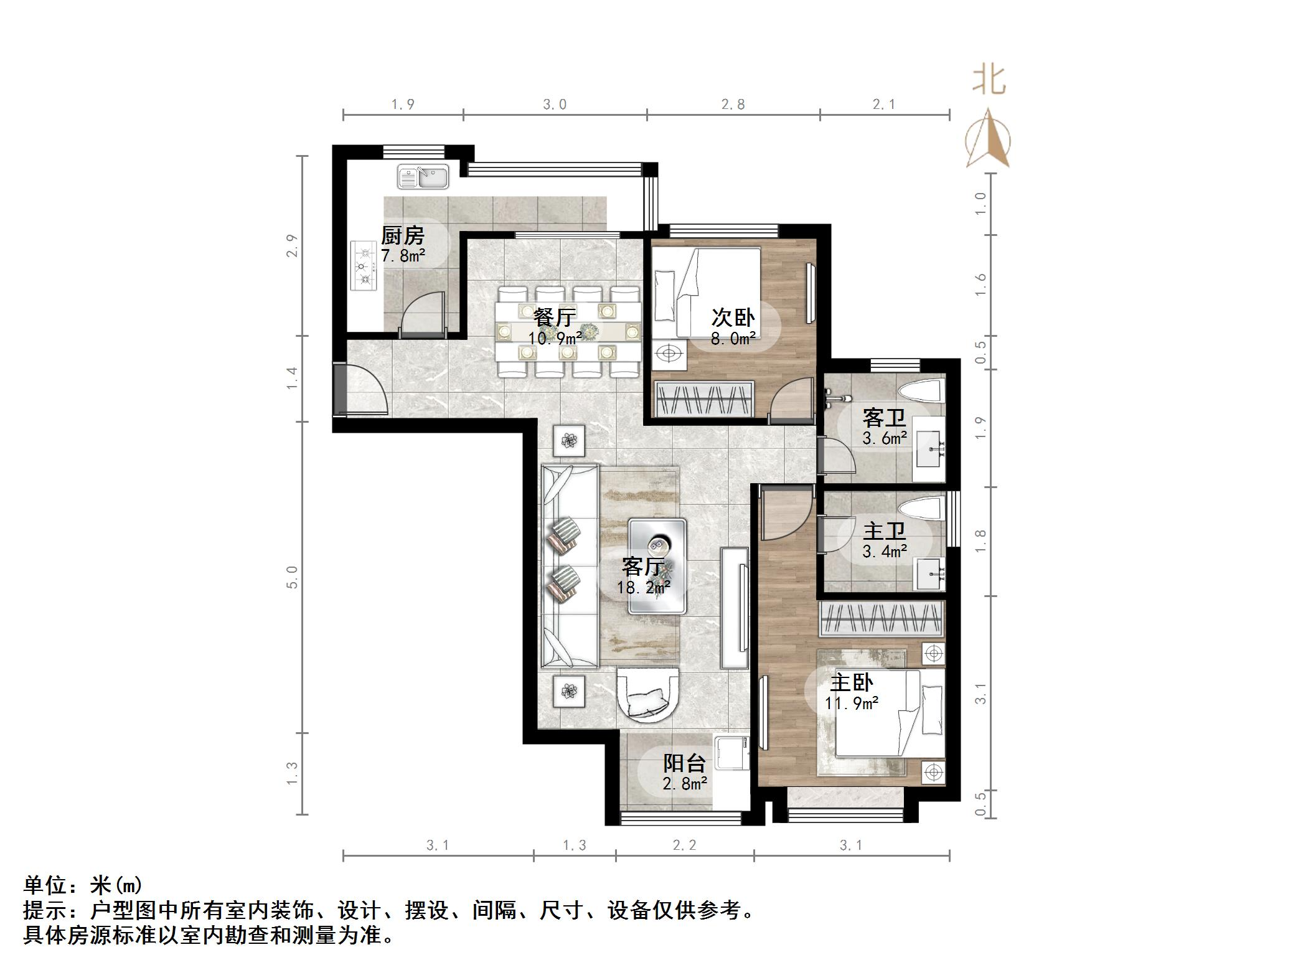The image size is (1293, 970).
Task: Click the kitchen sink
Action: (x=423, y=177)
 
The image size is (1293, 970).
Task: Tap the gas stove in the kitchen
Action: (x=364, y=266)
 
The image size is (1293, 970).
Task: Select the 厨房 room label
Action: (x=403, y=236)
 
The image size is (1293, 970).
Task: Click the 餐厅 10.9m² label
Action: (x=555, y=327)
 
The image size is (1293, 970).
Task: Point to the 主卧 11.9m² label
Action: (x=852, y=692)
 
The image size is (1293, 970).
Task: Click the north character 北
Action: (x=989, y=81)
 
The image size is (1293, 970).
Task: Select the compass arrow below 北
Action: (x=988, y=140)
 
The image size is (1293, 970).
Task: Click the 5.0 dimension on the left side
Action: (x=293, y=577)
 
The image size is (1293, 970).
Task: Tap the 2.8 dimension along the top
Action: (x=733, y=105)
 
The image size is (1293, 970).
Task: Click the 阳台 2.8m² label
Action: (x=684, y=773)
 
